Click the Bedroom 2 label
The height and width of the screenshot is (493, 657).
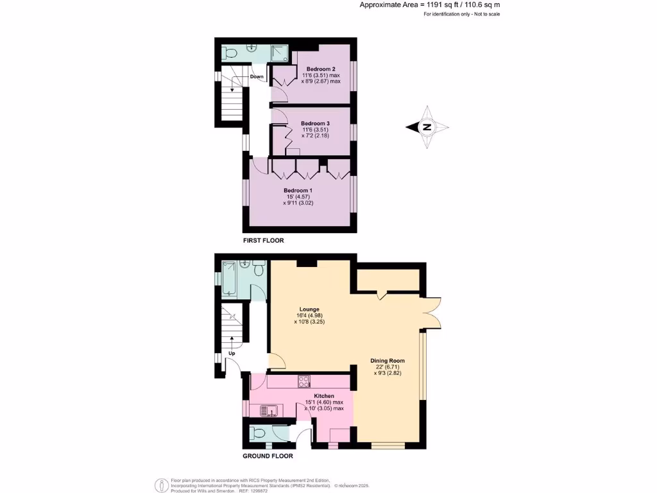[321, 69]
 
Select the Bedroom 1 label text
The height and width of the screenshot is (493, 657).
[298, 190]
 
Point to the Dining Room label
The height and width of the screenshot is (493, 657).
[388, 360]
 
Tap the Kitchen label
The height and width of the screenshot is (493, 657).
[324, 395]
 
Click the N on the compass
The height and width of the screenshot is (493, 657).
[426, 127]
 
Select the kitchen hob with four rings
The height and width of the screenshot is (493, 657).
[304, 381]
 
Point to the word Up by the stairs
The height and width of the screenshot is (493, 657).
[233, 354]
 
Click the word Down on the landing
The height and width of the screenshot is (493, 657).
[257, 76]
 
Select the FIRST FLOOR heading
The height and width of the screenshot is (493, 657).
[263, 241]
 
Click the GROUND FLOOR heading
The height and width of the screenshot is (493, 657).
[268, 456]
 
